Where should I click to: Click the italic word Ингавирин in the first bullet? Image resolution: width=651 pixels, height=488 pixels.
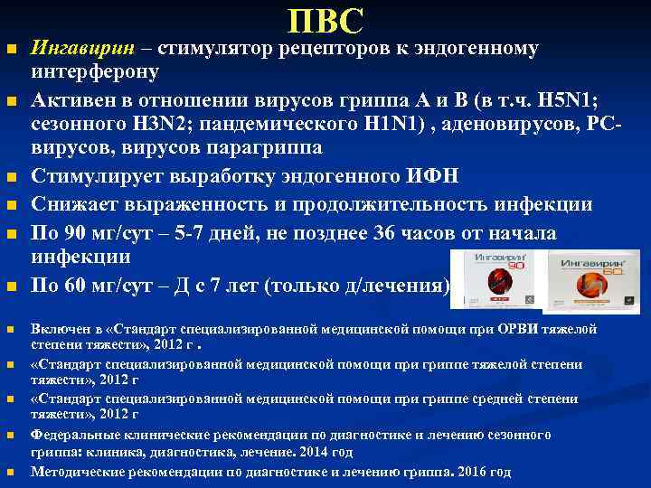73,48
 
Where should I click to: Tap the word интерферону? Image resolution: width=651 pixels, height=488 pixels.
95,71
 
